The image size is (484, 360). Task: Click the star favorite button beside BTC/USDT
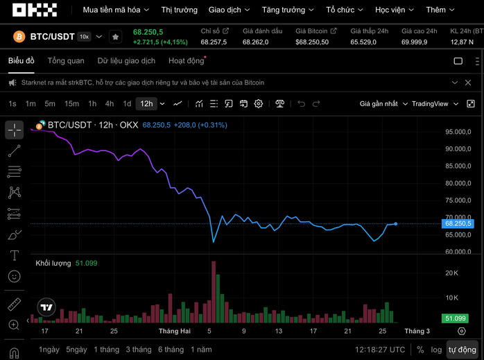point(115,37)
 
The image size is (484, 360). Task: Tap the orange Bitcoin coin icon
point(19,37)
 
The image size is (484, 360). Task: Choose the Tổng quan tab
point(66,61)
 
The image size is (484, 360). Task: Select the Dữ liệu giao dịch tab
point(126,61)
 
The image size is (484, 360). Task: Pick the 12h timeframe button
point(146,103)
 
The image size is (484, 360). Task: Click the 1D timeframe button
point(127,103)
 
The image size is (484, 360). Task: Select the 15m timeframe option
point(71,103)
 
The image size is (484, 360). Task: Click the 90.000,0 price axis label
point(458,149)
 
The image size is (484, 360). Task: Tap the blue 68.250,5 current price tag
point(458,223)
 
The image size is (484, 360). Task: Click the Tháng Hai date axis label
point(174,331)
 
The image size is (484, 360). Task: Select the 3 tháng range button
point(139,350)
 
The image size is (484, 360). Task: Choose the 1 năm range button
point(200,350)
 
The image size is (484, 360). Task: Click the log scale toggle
point(436,350)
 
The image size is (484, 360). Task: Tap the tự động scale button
point(462,350)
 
